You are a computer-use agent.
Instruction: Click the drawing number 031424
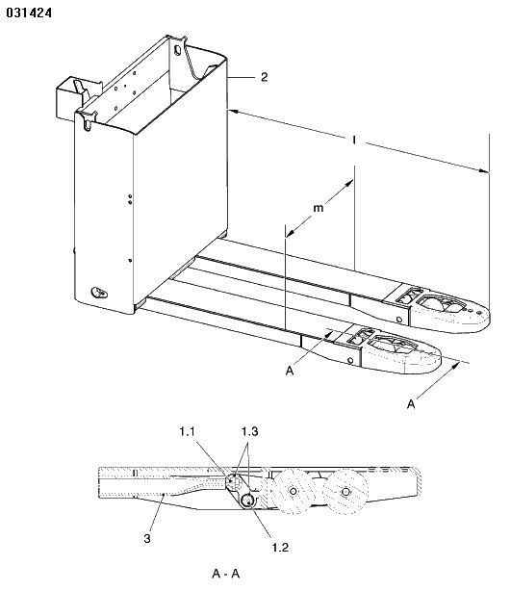pyautogui.click(x=29, y=13)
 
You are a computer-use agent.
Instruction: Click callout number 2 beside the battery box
pyautogui.click(x=265, y=77)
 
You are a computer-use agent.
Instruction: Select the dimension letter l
pyautogui.click(x=354, y=141)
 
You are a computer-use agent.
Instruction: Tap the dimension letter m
pyautogui.click(x=319, y=208)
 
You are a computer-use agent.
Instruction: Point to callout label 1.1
pyautogui.click(x=187, y=431)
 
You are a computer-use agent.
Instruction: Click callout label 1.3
pyautogui.click(x=250, y=431)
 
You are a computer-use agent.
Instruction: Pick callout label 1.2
pyautogui.click(x=280, y=547)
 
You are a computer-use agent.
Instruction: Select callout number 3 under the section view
pyautogui.click(x=147, y=538)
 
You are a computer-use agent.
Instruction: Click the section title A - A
pyautogui.click(x=226, y=574)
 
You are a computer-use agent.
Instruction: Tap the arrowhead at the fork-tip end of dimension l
pyautogui.click(x=485, y=171)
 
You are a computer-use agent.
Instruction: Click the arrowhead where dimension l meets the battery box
pyautogui.click(x=233, y=112)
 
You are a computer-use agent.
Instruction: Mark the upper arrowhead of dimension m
pyautogui.click(x=349, y=184)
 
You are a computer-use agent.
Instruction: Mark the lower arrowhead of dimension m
pyautogui.click(x=290, y=233)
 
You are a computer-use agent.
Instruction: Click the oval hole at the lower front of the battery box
pyautogui.click(x=99, y=293)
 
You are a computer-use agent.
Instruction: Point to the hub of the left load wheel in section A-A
pyautogui.click(x=293, y=492)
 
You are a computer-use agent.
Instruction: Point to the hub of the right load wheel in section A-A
pyautogui.click(x=345, y=492)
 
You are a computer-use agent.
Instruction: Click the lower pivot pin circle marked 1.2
pyautogui.click(x=248, y=501)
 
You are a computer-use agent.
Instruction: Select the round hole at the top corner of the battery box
pyautogui.click(x=177, y=50)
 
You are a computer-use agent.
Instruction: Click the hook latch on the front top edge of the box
pyautogui.click(x=88, y=121)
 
